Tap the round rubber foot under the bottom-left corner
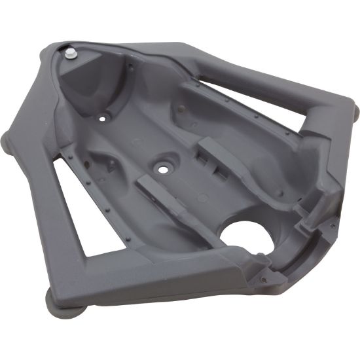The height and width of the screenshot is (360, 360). tap(60, 302)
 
